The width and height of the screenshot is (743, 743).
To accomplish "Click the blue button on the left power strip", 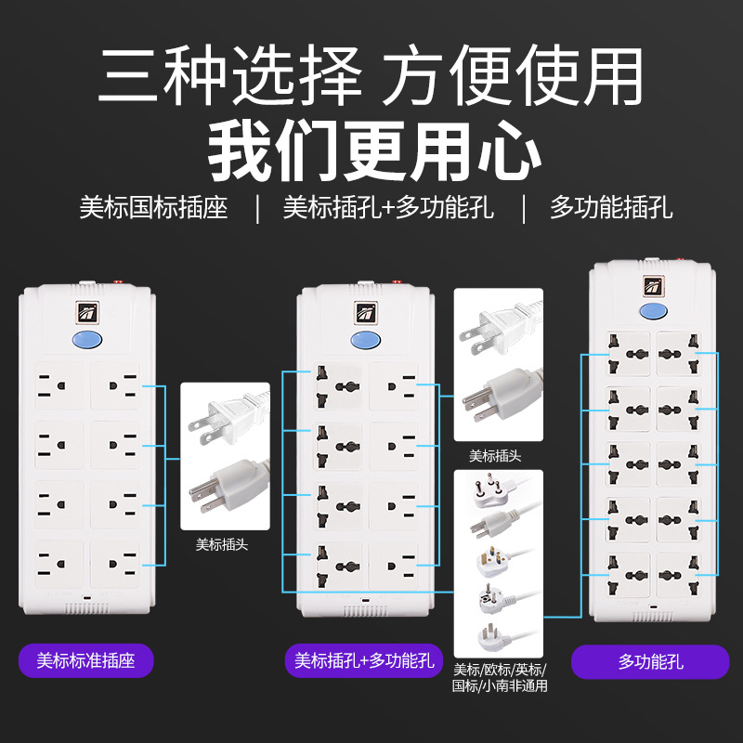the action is coord(87,340).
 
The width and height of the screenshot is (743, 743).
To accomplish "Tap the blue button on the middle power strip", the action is coord(365,340).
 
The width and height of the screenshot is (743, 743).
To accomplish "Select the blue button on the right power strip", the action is coord(654,311).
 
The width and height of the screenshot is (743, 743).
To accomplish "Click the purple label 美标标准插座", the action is coord(85,660).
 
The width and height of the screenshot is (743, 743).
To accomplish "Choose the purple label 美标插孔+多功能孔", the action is coord(364,660).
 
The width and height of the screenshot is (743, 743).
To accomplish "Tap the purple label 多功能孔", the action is coord(650,661).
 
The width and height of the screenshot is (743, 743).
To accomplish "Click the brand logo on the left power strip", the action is coord(87,313).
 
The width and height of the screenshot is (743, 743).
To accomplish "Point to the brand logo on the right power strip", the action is coord(654,286).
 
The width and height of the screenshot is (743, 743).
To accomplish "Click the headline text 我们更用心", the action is coord(374,150).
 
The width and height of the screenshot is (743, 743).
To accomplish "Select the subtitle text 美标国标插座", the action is coord(153,207).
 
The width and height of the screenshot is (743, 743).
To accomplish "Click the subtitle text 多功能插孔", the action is coord(611,207).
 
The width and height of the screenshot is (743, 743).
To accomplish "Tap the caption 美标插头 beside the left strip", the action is coord(222,544).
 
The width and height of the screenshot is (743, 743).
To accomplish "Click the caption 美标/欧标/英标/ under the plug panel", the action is coord(500,670).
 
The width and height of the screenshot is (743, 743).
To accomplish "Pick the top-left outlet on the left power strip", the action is coord(59,385).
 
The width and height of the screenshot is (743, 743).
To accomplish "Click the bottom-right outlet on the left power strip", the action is coord(115,564).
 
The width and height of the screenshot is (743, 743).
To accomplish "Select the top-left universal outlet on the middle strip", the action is coord(337,386).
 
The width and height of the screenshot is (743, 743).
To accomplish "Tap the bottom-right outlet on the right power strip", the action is coord(679,575).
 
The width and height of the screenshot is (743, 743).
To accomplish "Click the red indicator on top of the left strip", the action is coord(118,282).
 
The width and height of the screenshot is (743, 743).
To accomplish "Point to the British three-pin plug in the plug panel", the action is coord(494,560).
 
